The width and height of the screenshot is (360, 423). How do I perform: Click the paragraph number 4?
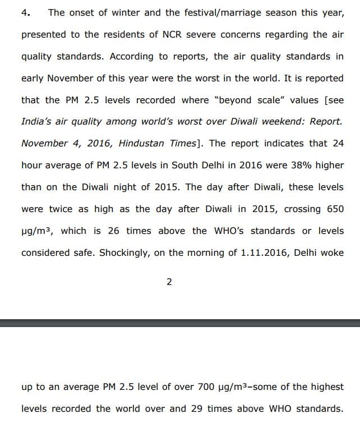(25, 12)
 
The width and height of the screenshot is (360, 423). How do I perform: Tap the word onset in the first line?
(85, 12)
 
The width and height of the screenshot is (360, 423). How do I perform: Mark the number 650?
(332, 209)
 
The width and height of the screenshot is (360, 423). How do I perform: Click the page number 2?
(169, 282)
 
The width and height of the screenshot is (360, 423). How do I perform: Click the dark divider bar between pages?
(180, 323)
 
